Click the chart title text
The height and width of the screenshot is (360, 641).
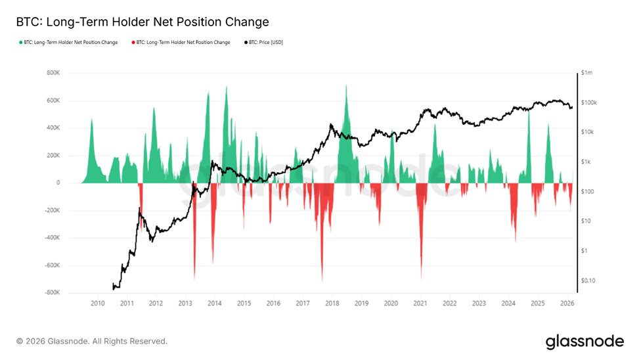click(143, 22)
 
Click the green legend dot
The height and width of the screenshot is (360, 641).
click(21, 43)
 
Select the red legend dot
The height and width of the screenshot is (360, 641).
click(133, 43)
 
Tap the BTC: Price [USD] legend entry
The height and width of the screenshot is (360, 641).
click(265, 43)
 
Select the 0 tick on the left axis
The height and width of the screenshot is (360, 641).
click(58, 183)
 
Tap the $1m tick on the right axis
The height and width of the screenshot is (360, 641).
click(587, 73)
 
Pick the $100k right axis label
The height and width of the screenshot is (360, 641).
click(588, 102)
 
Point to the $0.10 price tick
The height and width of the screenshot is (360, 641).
click(589, 281)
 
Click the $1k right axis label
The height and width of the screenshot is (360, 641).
click(586, 162)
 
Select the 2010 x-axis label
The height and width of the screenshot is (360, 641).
click(97, 304)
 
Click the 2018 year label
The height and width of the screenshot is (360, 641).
click(332, 304)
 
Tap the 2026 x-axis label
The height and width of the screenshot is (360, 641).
click(567, 304)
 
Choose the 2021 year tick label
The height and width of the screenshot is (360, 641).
click(420, 304)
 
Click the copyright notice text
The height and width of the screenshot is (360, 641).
click(92, 342)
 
